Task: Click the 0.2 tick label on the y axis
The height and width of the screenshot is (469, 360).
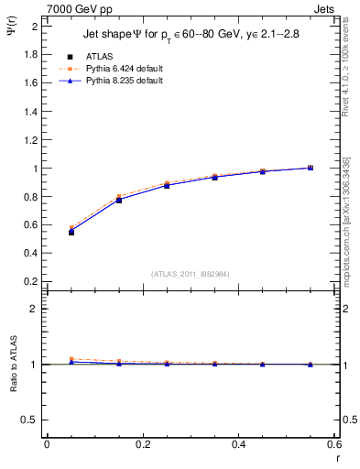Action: point(33,283)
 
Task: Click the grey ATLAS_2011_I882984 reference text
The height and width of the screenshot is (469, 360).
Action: point(190,274)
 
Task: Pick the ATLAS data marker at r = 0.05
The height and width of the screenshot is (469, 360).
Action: point(71,232)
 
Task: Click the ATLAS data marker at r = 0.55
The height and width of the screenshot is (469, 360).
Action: point(311,168)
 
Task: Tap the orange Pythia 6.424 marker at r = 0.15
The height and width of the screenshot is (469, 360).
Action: point(119,196)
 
